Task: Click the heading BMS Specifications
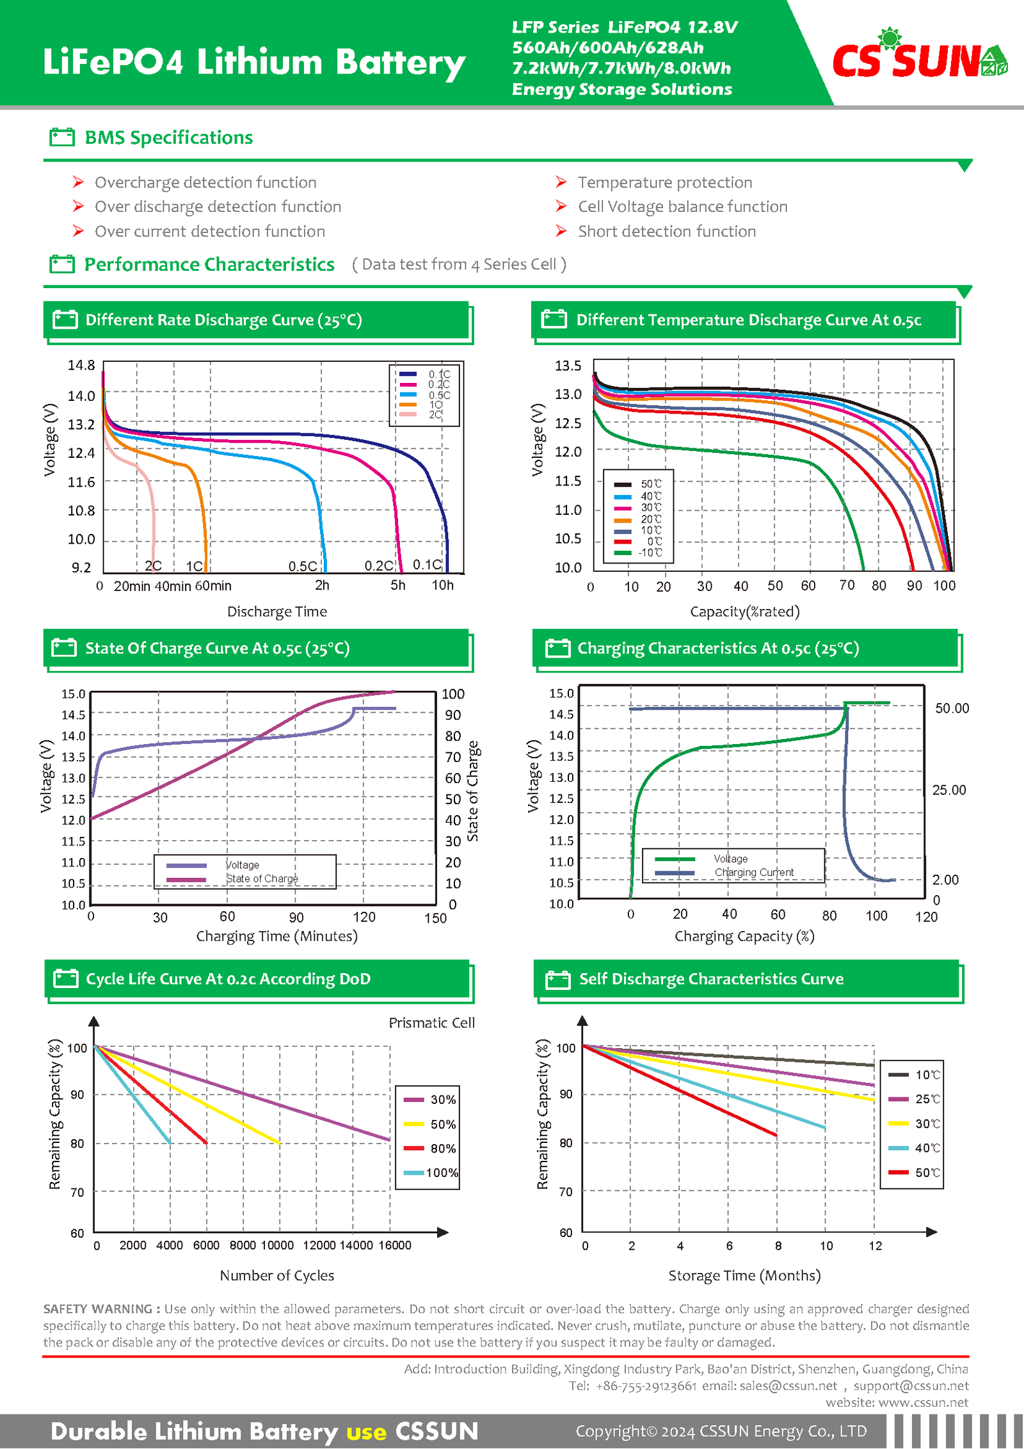169,138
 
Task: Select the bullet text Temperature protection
665,182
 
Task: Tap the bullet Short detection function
667,231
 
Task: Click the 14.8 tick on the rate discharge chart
81,365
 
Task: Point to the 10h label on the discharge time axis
442,585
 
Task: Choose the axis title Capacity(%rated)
745,611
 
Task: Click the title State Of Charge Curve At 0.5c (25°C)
218,648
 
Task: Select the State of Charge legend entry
232,878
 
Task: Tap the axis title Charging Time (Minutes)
276,936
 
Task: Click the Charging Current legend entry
724,872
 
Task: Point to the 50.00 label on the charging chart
952,708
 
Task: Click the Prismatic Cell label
432,1023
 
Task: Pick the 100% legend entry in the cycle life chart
431,1172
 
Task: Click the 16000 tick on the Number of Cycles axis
395,1245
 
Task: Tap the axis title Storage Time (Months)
744,1275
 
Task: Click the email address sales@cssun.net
788,1386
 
